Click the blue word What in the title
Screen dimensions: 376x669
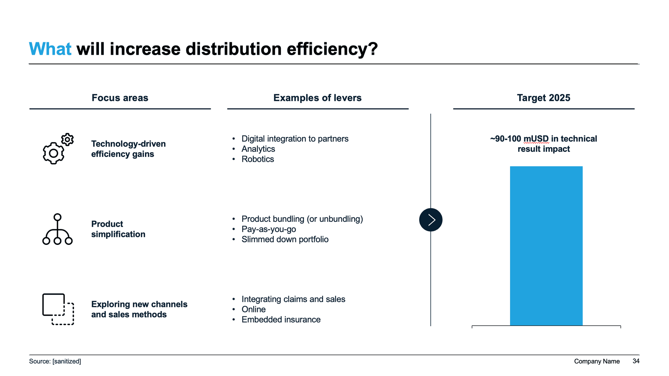50,49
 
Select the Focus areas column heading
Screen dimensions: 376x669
120,98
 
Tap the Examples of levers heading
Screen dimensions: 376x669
317,98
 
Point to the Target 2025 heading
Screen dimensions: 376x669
543,98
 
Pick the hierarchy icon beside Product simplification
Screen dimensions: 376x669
57,229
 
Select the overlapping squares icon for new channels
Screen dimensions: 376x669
58,309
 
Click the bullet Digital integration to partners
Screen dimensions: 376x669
295,139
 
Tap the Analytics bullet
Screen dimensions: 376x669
258,149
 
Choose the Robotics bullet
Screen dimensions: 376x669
257,159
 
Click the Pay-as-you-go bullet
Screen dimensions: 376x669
269,229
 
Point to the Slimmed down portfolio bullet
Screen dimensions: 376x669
285,239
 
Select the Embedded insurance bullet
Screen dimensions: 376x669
281,319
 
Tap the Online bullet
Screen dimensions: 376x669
253,309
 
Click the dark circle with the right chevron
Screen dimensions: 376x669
431,220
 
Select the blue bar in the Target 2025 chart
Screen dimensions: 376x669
546,246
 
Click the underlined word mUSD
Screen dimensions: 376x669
536,139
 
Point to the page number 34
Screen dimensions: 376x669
636,361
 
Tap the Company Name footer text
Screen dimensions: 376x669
597,361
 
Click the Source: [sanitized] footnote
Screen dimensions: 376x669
55,361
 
